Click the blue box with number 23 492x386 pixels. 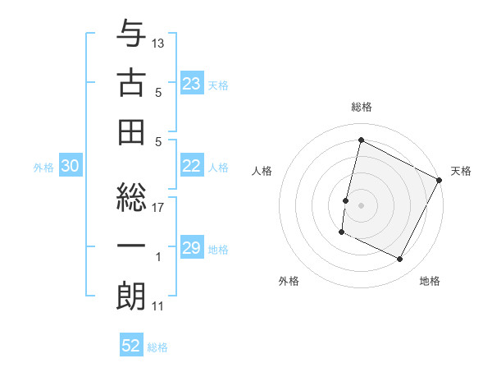192,84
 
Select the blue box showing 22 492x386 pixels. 192,166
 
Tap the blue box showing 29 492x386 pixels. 192,249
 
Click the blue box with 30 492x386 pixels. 71,167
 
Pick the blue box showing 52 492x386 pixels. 131,347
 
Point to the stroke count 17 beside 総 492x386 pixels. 158,207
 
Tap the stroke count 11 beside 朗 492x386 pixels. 158,307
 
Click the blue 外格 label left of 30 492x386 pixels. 43,168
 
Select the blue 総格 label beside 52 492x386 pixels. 157,347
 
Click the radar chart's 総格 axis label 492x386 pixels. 362,107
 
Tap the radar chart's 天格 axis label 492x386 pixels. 461,171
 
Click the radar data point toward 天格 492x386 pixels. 440,180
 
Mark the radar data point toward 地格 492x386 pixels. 400,260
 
